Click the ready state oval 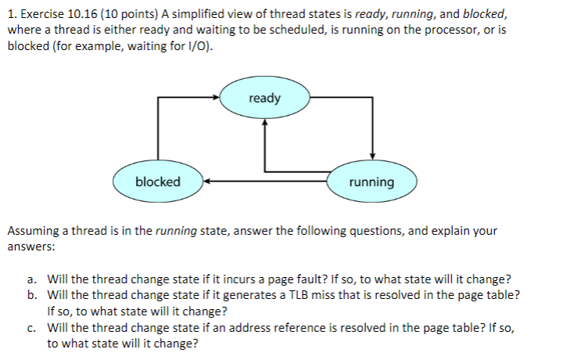click(264, 99)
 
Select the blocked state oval click(158, 182)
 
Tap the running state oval click(371, 182)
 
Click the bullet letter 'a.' click(30, 279)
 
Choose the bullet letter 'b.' click(30, 294)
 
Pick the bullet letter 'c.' click(30, 328)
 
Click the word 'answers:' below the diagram click(29, 246)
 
